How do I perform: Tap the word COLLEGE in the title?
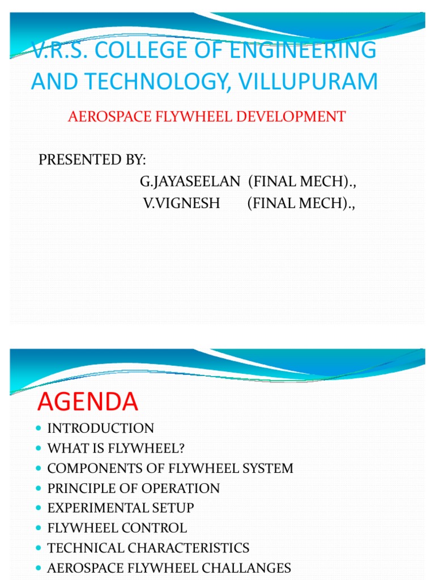tap(149, 50)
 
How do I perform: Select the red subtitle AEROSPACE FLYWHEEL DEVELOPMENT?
tap(207, 117)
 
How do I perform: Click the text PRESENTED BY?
tap(92, 160)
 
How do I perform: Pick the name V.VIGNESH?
tap(181, 203)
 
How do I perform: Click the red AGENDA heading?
tap(88, 402)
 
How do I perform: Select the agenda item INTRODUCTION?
tap(101, 428)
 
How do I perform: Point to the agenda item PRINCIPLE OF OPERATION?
tap(134, 488)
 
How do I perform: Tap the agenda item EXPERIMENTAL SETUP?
tap(121, 508)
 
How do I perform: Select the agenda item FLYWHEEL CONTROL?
tap(117, 528)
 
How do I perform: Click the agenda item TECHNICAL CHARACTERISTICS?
tap(148, 548)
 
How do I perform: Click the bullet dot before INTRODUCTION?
tap(38, 428)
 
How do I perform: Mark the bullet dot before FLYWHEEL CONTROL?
tap(38, 528)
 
